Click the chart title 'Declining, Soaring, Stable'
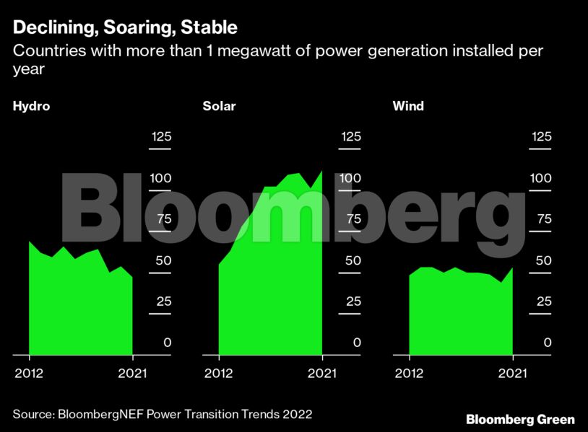[x=124, y=29]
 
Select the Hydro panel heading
[x=31, y=106]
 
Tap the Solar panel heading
[x=219, y=106]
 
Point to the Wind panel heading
[x=408, y=106]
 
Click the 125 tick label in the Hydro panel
[x=160, y=137]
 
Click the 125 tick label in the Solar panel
[x=350, y=137]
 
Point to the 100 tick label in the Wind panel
[x=540, y=178]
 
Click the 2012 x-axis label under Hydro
[x=29, y=373]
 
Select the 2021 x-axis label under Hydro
[x=132, y=373]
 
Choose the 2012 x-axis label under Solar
[x=218, y=373]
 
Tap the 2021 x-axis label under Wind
[x=512, y=373]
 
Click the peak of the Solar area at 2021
[x=322, y=171]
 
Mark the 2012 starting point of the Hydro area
[x=30, y=242]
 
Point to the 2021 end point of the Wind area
[x=512, y=268]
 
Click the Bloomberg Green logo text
[x=520, y=419]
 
